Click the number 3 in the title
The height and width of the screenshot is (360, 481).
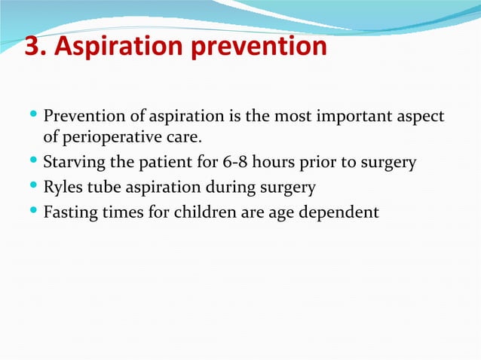(32, 47)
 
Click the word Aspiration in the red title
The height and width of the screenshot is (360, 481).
(111, 47)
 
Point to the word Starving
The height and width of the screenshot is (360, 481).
(74, 163)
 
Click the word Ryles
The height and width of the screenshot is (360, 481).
(63, 188)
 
